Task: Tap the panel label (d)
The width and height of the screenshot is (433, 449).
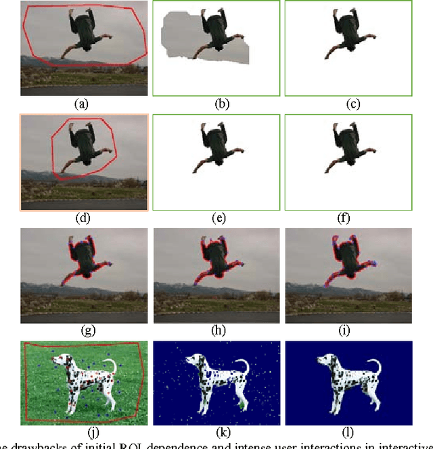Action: [83, 218]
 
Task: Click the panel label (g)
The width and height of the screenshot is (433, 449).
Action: [83, 331]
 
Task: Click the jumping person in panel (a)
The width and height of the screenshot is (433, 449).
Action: [84, 34]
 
